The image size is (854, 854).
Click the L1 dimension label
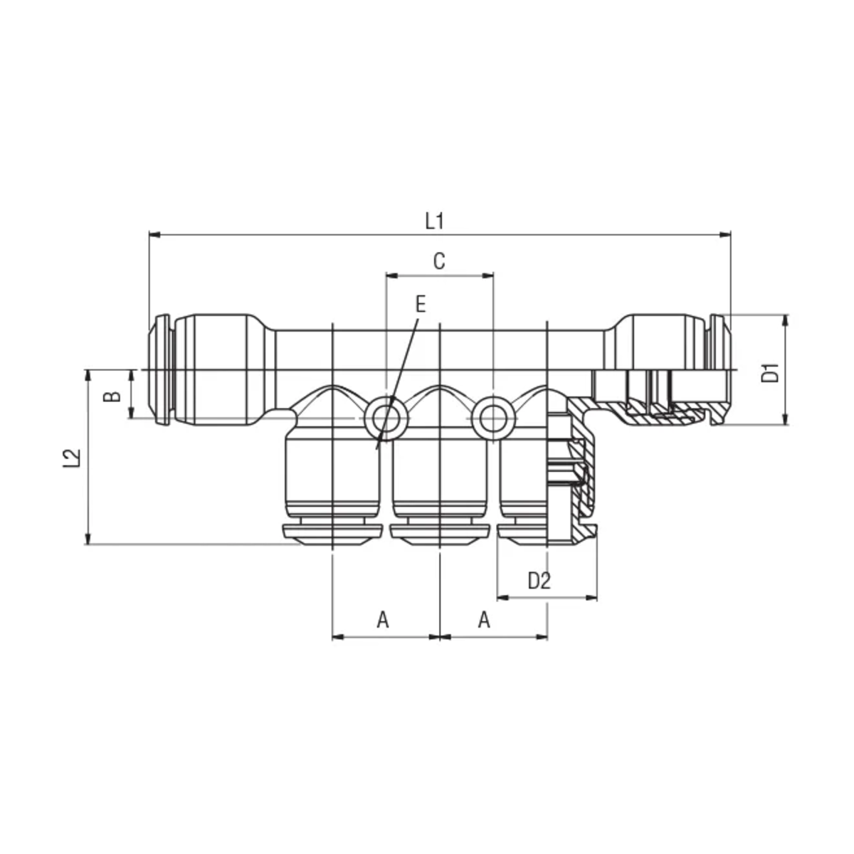(434, 221)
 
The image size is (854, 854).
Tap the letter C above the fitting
(439, 261)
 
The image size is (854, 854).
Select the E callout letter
(421, 305)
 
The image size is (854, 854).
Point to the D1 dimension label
(772, 373)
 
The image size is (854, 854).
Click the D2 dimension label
(539, 581)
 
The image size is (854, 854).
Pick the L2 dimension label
(72, 458)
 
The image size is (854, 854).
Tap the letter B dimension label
(112, 396)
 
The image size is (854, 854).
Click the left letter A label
(383, 620)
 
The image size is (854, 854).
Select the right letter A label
(484, 620)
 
